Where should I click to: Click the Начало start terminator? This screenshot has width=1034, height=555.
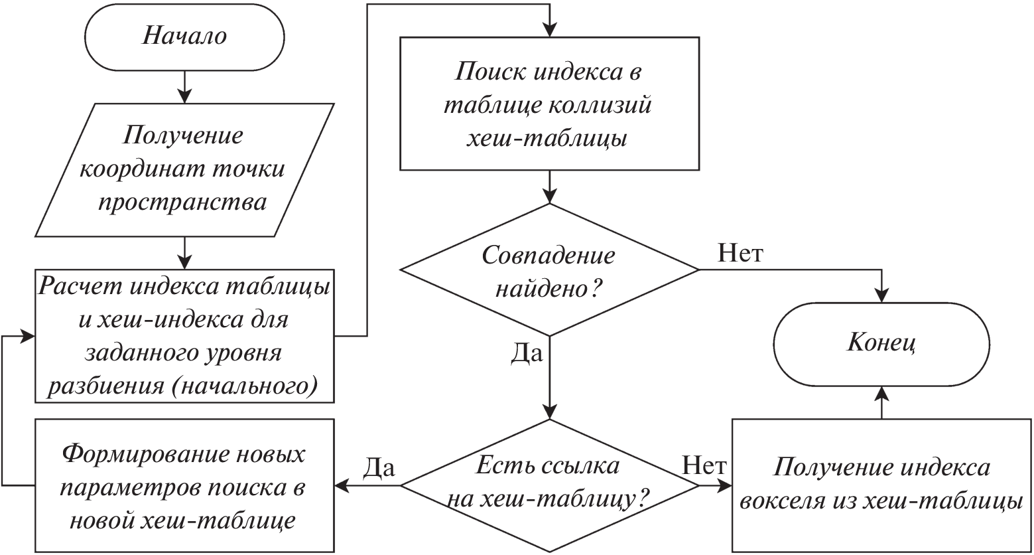(184, 36)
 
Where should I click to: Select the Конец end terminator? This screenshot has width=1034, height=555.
(881, 344)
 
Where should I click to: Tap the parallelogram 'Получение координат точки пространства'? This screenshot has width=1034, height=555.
(183, 169)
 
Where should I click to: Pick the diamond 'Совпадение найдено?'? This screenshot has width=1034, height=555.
(549, 270)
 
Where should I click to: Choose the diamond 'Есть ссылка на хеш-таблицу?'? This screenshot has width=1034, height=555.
(549, 485)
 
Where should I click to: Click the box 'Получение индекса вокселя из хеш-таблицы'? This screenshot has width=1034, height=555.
(881, 485)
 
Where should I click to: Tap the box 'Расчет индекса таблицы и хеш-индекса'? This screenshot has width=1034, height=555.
(184, 335)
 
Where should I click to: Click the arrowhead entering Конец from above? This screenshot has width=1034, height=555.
(881, 295)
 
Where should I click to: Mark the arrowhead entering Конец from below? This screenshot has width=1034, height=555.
(881, 392)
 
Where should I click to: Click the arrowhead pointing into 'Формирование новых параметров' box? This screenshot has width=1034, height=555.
(341, 485)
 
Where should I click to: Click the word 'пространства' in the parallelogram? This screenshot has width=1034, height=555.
(183, 202)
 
